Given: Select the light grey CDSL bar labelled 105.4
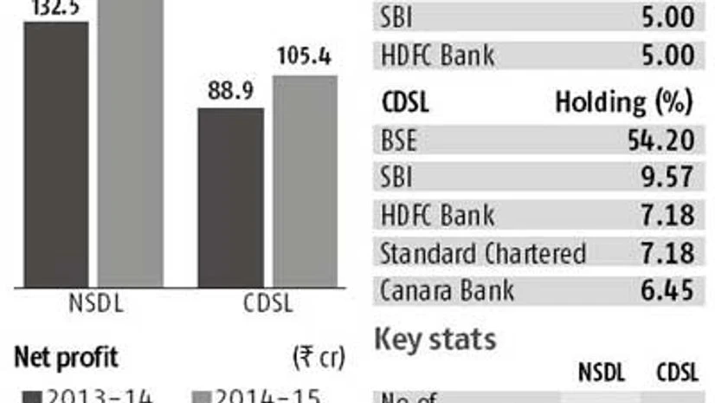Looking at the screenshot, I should click(305, 181).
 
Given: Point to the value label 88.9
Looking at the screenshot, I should click(231, 91).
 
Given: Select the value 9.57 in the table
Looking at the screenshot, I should click(671, 178).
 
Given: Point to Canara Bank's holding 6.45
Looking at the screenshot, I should click(671, 289).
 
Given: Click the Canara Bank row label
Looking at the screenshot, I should click(447, 289).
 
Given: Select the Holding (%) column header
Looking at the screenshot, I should click(623, 102).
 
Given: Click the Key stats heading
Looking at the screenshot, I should click(435, 339).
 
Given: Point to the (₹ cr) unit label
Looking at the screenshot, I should click(319, 356).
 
